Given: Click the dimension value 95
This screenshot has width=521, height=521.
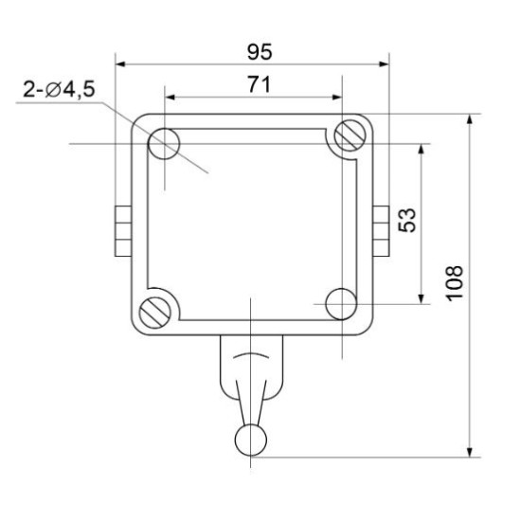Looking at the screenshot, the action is (x=260, y=52).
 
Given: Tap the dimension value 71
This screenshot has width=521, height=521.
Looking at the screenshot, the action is (x=260, y=84).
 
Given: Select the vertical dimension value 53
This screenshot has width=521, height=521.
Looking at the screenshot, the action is (x=407, y=220).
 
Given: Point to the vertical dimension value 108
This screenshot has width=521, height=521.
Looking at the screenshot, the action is (x=454, y=283).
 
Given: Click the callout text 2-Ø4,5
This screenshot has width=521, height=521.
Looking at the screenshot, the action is (x=59, y=89).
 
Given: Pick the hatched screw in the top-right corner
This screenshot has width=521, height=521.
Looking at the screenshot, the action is (x=350, y=135).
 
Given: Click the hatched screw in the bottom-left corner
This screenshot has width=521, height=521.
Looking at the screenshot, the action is (x=155, y=313).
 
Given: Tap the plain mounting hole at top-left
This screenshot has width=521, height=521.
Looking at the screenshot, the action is (x=164, y=144).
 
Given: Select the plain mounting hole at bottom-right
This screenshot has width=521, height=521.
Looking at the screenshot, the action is (x=342, y=304).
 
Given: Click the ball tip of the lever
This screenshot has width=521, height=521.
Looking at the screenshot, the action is (x=251, y=440).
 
